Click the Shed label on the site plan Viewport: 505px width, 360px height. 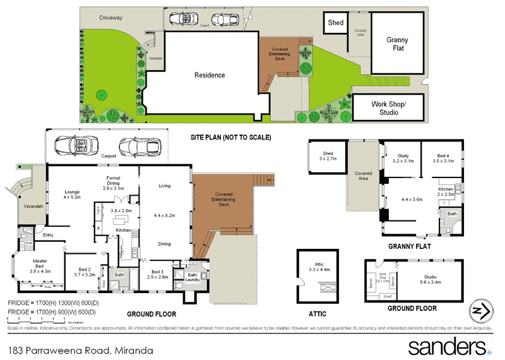coord(335,23)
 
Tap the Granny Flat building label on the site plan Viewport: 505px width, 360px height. coord(397,44)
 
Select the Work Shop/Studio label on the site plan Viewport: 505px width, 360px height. coord(389,108)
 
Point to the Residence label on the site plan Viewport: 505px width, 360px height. coord(209,75)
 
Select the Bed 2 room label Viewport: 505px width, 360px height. coord(84,272)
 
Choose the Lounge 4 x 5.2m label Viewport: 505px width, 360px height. coord(73,195)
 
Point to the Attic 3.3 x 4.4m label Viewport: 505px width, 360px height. coord(322,267)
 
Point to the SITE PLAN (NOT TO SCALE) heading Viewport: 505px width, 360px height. coord(230,137)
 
